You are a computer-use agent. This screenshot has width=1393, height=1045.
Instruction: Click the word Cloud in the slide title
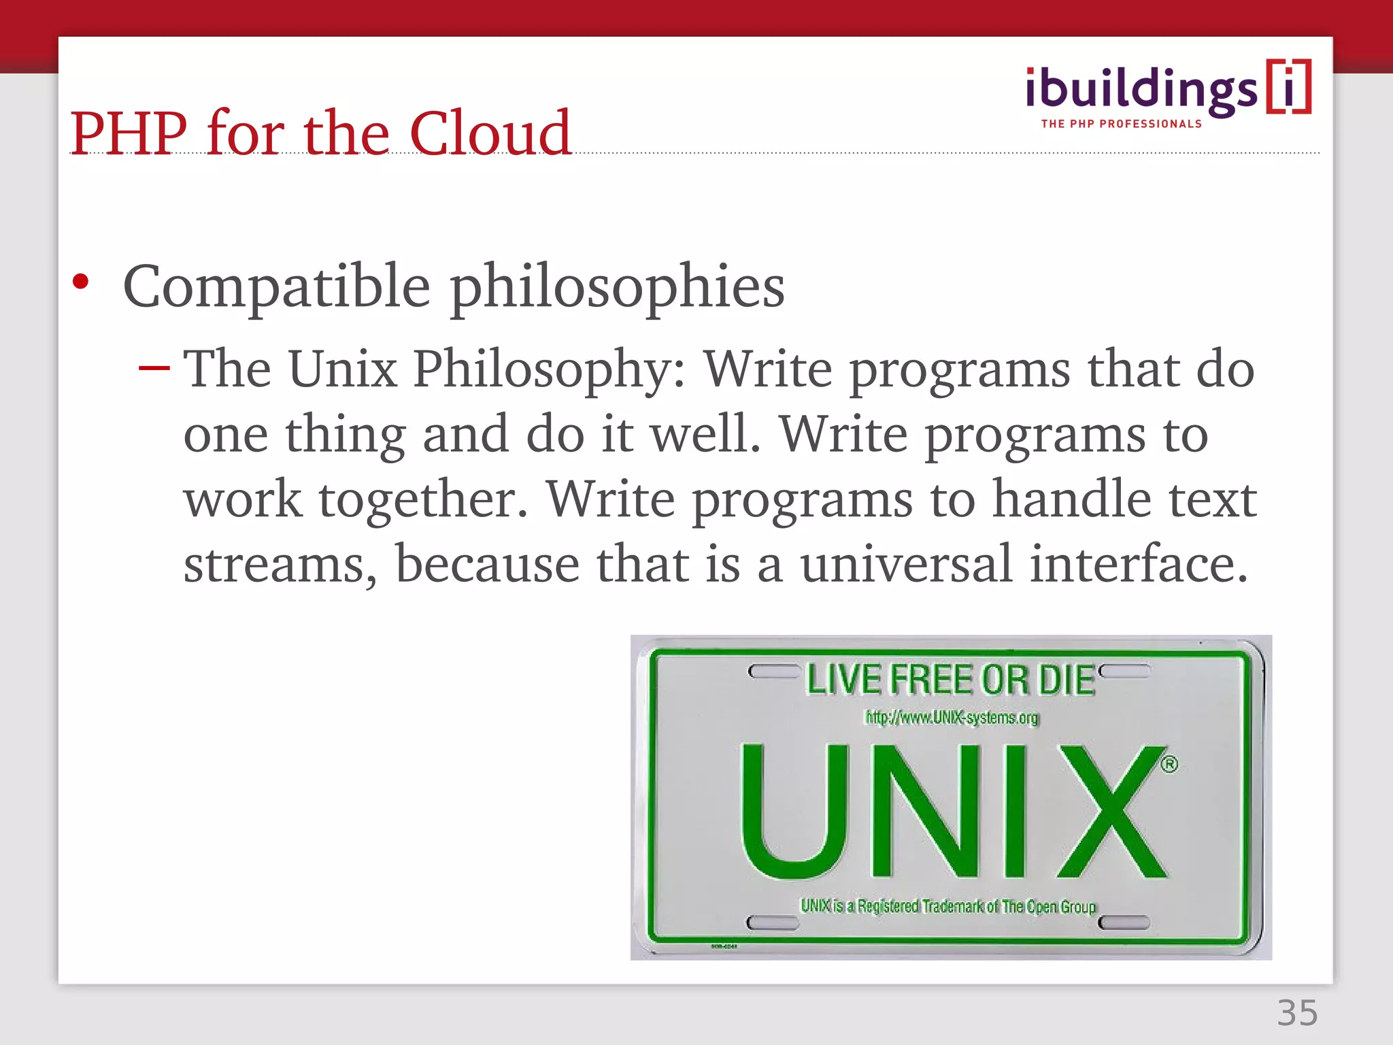click(x=490, y=133)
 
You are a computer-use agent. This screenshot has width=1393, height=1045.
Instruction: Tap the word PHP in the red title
click(x=129, y=133)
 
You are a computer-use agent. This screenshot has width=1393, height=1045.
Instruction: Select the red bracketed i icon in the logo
click(x=1288, y=87)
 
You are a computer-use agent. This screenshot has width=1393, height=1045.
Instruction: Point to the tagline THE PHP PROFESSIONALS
click(x=1122, y=124)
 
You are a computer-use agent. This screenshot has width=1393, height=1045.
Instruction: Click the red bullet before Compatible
click(x=80, y=282)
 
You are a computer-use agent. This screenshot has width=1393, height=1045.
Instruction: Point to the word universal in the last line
click(x=906, y=565)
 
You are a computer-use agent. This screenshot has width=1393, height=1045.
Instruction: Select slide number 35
click(x=1297, y=1013)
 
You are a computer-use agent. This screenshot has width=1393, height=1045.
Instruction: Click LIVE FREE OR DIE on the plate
click(x=950, y=680)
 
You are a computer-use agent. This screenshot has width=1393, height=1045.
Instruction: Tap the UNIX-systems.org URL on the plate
click(x=952, y=718)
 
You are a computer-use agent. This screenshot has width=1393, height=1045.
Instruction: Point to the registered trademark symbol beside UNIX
click(x=1169, y=764)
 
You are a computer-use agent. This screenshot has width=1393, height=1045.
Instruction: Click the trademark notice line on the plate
click(x=948, y=906)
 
